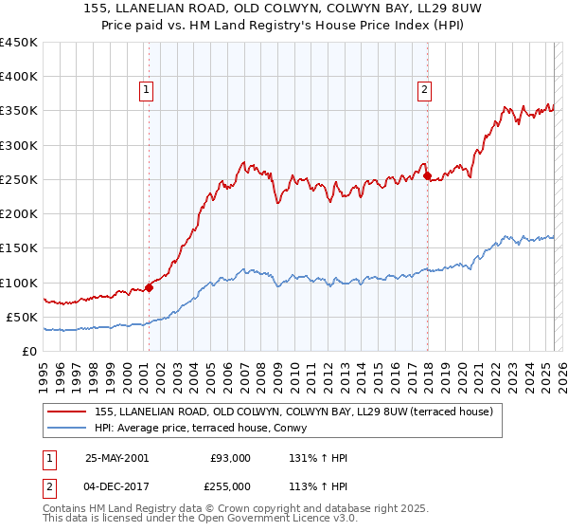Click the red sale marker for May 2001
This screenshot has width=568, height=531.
click(x=149, y=288)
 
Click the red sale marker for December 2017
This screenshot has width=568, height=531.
click(x=427, y=175)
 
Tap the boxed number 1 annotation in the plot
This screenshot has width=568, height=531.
click(x=148, y=90)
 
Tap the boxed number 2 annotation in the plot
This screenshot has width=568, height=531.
click(x=424, y=90)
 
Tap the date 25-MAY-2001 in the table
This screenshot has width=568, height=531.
click(x=116, y=457)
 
